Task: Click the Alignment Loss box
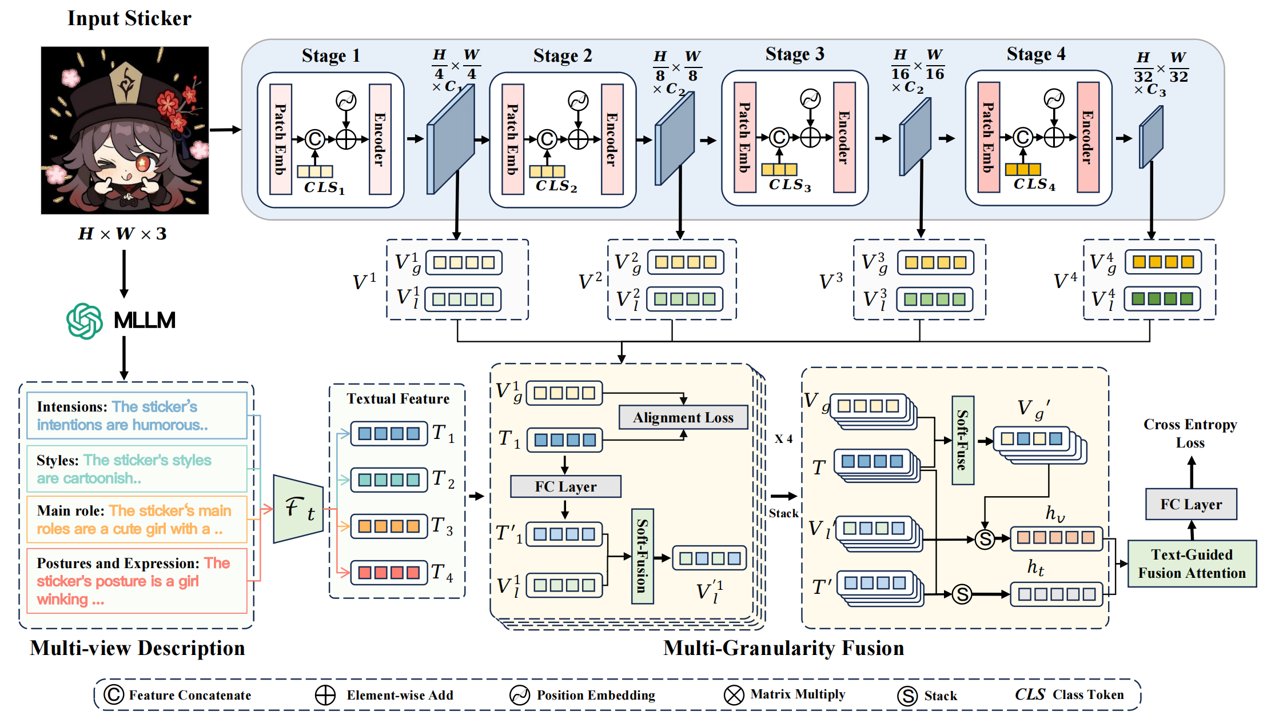tap(683, 417)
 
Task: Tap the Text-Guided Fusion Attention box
tap(1192, 564)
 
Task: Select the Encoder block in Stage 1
tap(380, 139)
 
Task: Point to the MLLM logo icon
tap(85, 321)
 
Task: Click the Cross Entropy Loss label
tap(1190, 433)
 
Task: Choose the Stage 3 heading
tap(795, 54)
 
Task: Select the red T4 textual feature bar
tap(389, 572)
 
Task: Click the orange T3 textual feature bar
tap(389, 526)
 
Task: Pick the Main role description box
tap(137, 520)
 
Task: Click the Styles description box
tap(137, 469)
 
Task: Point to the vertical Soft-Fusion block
tap(643, 556)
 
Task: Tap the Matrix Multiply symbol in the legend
tap(734, 695)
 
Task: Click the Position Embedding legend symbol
tap(520, 695)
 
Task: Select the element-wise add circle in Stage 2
tap(578, 139)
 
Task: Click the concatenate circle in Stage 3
tap(779, 137)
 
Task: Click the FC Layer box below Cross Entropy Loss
tap(1191, 504)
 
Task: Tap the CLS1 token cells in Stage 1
tap(315, 171)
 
